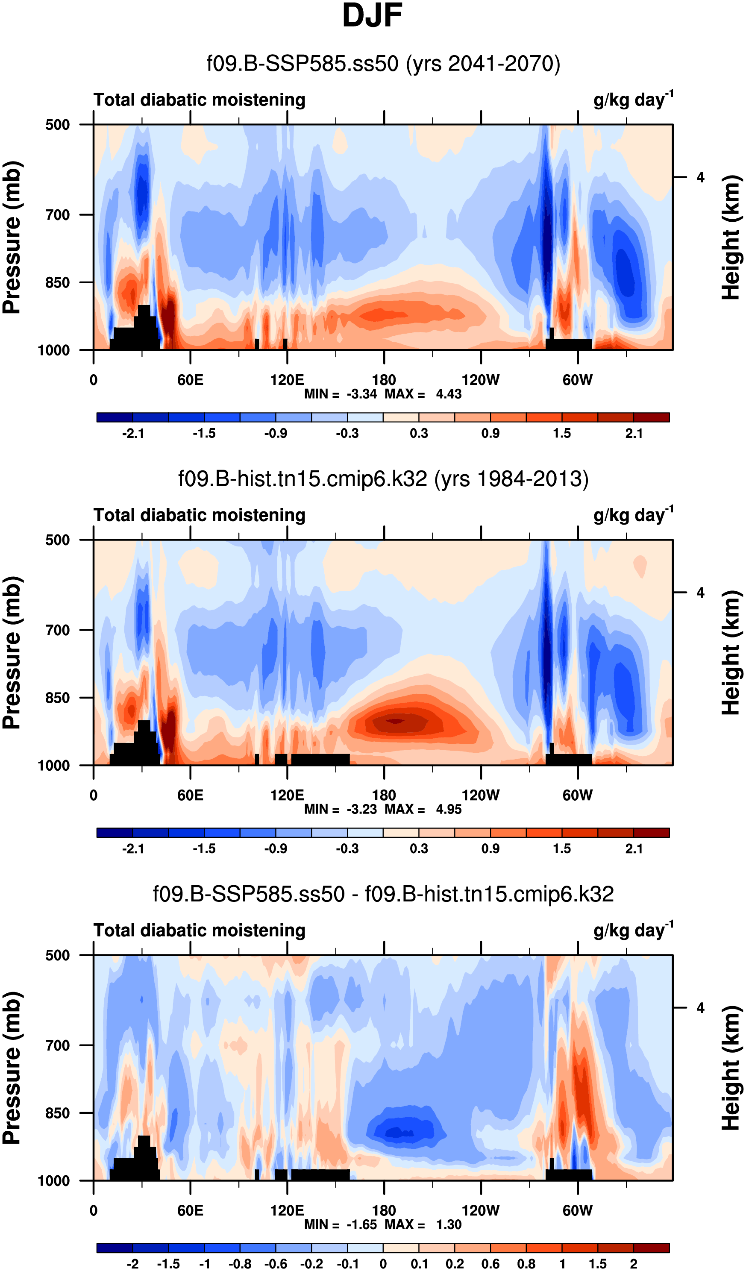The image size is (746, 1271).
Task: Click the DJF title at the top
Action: [x=372, y=16]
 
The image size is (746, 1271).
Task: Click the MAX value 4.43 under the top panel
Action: [x=448, y=394]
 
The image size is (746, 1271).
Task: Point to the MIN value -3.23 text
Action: [x=361, y=810]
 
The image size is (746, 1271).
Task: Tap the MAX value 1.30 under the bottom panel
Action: [x=448, y=1224]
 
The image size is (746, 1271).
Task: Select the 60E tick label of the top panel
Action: [x=190, y=380]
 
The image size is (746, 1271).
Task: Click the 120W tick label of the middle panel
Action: [x=480, y=796]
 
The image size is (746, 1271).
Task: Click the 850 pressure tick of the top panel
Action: [x=58, y=282]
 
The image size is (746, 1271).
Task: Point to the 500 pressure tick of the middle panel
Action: [x=58, y=540]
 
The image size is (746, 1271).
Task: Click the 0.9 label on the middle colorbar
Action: [x=490, y=849]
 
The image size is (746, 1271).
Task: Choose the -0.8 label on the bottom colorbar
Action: [x=240, y=1264]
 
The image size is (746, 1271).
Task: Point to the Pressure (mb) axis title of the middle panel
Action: [x=12, y=653]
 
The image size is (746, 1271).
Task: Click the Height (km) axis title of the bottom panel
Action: [x=730, y=1068]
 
